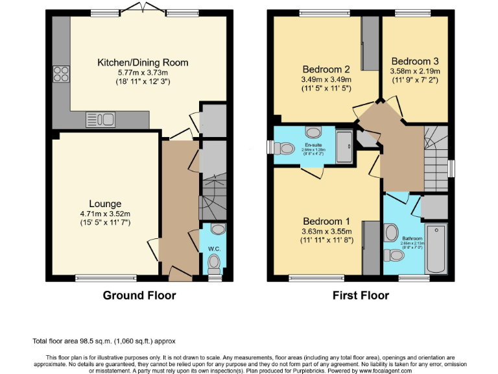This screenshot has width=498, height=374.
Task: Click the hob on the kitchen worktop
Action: (x=61, y=75)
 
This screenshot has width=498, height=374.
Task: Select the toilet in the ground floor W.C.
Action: (x=215, y=262)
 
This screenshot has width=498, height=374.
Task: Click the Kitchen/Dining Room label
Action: (x=143, y=62)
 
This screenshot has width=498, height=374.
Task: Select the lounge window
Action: (x=106, y=279)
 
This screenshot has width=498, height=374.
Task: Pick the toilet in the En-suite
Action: (x=286, y=148)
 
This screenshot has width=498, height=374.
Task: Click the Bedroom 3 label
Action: (x=415, y=61)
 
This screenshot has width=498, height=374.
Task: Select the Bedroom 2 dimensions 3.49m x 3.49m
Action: (x=326, y=79)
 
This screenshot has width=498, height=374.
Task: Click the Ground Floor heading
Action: (x=139, y=295)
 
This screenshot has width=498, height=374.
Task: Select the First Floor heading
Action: (x=361, y=295)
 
